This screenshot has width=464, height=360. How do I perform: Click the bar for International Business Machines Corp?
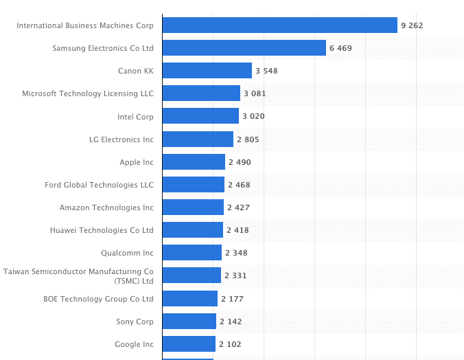pyautogui.click(x=279, y=25)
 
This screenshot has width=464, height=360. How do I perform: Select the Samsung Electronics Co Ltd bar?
pyautogui.click(x=244, y=48)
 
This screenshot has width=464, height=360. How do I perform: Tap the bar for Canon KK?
pyautogui.click(x=207, y=71)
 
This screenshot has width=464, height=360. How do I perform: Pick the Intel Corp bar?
pyautogui.click(x=200, y=116)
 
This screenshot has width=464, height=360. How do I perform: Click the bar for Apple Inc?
pyautogui.click(x=194, y=161)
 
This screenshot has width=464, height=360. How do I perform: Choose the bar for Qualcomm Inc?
pyautogui.click(x=192, y=253)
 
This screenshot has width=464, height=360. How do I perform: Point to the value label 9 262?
pyautogui.click(x=412, y=25)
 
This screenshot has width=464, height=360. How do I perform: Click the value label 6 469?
pyautogui.click(x=340, y=48)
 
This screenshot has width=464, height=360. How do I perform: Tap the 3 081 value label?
pyautogui.click(x=254, y=93)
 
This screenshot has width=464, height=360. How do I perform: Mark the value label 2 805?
pyautogui.click(x=248, y=139)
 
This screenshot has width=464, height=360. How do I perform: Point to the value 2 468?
pyautogui.click(x=239, y=184)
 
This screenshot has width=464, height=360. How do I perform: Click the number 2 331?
pyautogui.click(x=235, y=275)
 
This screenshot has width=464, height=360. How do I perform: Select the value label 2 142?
pyautogui.click(x=231, y=321)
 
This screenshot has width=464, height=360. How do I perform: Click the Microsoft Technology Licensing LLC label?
pyautogui.click(x=88, y=93)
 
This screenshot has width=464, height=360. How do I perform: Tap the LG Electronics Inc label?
pyautogui.click(x=121, y=139)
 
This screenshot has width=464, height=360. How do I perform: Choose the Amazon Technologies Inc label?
pyautogui.click(x=106, y=207)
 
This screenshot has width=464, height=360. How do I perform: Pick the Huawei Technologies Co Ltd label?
pyautogui.click(x=102, y=229)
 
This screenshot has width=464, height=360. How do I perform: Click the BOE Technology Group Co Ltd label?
pyautogui.click(x=98, y=298)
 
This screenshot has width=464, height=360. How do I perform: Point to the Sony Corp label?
pyautogui.click(x=135, y=321)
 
